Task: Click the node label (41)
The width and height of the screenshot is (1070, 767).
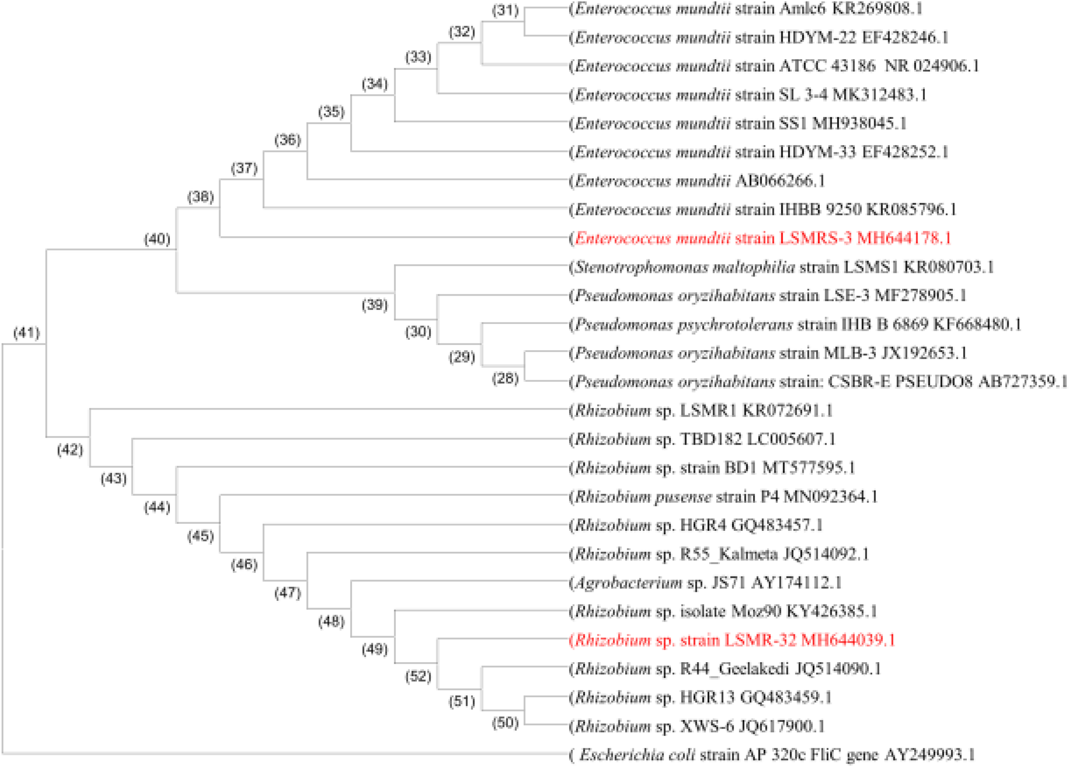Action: [27, 333]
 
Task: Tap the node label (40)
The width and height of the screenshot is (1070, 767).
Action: [157, 239]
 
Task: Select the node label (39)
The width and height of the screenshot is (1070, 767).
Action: [374, 305]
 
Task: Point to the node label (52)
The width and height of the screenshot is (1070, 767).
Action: [418, 676]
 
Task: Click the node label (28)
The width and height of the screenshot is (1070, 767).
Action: [505, 378]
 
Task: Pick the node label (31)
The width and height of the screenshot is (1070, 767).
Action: [505, 10]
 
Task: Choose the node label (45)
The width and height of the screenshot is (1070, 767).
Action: [200, 536]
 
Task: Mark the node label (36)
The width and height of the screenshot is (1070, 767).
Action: [287, 140]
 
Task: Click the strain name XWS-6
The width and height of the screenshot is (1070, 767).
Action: [707, 726]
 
